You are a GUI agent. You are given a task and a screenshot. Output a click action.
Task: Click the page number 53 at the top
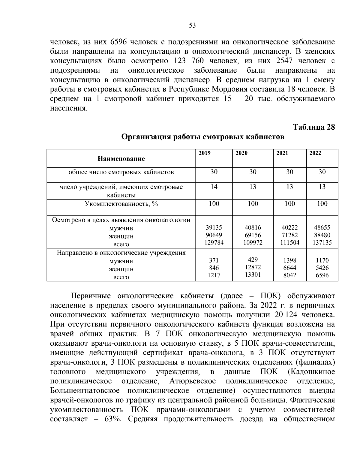coord(192,26)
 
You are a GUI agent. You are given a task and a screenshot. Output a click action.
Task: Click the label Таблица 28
coord(314,127)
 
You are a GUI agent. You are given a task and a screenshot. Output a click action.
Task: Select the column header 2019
coord(205,153)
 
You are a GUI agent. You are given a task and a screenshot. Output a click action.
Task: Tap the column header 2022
coord(315,153)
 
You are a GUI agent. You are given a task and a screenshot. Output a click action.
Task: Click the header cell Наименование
coord(121,159)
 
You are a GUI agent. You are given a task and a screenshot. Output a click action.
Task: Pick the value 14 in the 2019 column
coord(214,187)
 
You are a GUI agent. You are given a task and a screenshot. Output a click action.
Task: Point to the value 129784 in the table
coord(214,242)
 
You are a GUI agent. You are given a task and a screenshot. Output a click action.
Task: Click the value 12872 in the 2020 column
coord(253,267)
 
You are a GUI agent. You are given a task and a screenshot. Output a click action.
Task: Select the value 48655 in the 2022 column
coord(322,228)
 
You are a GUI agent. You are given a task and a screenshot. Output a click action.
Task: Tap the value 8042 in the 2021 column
coord(289,275)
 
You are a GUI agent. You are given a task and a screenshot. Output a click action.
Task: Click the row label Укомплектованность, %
coord(121,204)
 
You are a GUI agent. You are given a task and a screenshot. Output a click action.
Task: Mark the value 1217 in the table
coord(214,275)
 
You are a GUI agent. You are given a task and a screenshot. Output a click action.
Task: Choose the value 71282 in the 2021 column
coord(289,235)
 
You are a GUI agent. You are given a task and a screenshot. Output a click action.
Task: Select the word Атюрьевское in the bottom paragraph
coord(192,381)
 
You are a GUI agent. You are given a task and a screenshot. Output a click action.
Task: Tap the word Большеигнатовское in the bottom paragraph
coord(85,391)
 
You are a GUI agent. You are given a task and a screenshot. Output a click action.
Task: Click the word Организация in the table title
coord(145,137)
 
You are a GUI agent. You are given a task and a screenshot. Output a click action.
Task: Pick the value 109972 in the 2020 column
coord(253,242)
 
